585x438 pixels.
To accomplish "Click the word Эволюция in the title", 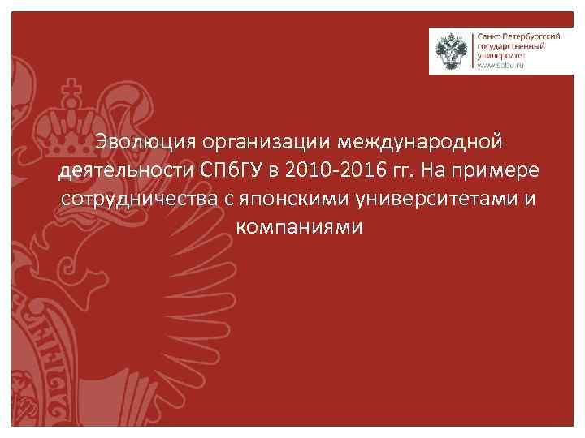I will pos(143,143).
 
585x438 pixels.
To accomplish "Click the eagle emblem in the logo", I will pos(451,51).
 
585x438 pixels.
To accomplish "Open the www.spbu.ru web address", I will pos(500,66).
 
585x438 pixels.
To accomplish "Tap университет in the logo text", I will pos(500,56).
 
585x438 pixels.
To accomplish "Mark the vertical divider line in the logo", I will pos(471,51).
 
